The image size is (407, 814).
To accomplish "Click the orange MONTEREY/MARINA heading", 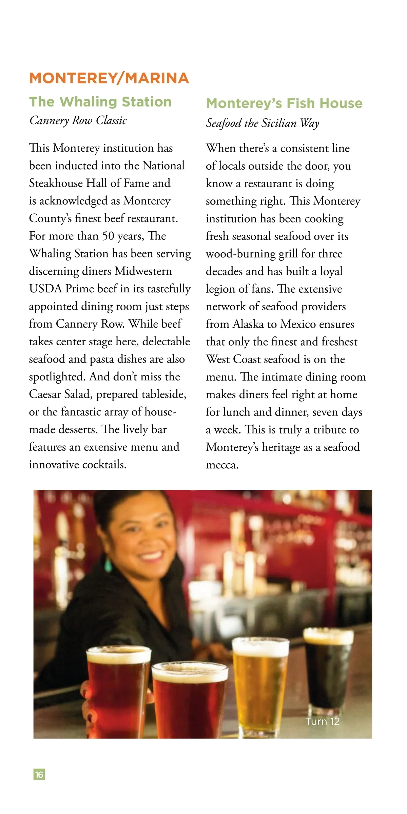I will point(109,78).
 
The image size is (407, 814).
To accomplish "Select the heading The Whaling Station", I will point(100,102).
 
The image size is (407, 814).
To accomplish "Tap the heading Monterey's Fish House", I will point(284,103).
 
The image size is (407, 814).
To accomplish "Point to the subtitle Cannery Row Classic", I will point(78,120).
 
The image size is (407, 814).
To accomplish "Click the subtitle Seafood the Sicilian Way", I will point(263,123).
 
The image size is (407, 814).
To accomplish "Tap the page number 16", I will point(39,774).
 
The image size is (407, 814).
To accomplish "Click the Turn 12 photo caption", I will point(322,721).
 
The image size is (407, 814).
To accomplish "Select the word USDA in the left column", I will point(45,289).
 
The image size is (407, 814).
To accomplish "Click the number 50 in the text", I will point(108,236).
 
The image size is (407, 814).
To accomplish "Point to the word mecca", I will point(222,465).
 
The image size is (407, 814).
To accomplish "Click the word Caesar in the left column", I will point(45,394).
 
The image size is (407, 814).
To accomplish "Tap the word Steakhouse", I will point(56,183).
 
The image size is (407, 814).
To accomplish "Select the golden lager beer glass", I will point(260,682).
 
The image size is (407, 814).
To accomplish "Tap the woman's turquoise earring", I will point(109,564).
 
